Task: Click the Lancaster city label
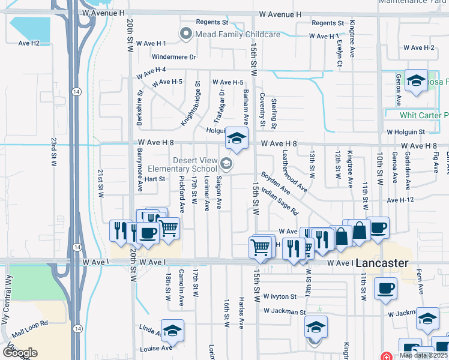coord(382,263)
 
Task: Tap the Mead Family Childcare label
coord(238,34)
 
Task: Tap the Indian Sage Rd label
coord(280,203)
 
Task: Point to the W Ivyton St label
coord(280,296)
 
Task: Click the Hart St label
coord(154,179)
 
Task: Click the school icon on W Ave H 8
coord(237,139)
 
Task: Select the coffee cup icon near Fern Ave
coord(385,287)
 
